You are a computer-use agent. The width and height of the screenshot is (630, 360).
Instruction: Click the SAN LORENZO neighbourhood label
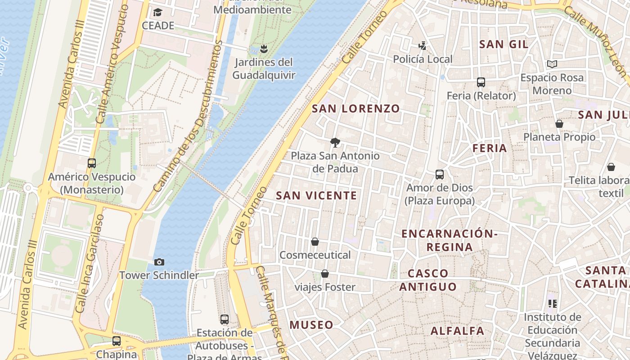[x=355, y=108]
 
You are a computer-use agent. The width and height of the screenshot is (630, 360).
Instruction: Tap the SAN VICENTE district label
[x=316, y=195]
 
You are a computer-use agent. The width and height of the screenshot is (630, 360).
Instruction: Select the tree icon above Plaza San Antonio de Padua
[x=335, y=143]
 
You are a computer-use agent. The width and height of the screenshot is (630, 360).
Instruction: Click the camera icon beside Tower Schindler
[x=159, y=262]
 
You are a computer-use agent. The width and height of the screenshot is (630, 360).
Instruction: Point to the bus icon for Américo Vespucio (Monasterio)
[x=92, y=163]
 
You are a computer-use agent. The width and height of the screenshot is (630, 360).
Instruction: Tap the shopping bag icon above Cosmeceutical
[x=315, y=242]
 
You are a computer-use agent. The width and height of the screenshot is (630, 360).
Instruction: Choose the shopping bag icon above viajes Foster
[x=324, y=274]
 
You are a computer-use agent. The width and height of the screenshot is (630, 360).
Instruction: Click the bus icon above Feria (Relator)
[x=481, y=82]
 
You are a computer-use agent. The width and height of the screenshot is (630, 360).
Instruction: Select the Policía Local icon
[x=422, y=45]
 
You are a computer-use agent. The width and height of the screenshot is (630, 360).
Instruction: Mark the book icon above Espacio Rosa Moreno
[x=552, y=64]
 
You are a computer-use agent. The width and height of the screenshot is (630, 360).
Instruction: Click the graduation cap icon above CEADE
[x=157, y=12]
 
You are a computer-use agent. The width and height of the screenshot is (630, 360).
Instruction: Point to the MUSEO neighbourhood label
[x=311, y=325]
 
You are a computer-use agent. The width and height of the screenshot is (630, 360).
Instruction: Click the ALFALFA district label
[x=457, y=331]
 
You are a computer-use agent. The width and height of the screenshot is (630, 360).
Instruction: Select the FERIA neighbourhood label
[x=490, y=148]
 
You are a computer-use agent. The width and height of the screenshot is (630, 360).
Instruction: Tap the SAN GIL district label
[x=504, y=44]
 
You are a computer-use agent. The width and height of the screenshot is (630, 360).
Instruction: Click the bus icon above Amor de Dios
[x=440, y=174]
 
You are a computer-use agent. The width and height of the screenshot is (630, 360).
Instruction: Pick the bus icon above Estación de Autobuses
[x=225, y=319]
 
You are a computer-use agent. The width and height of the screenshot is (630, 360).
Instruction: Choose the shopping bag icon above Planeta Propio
[x=559, y=124]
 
